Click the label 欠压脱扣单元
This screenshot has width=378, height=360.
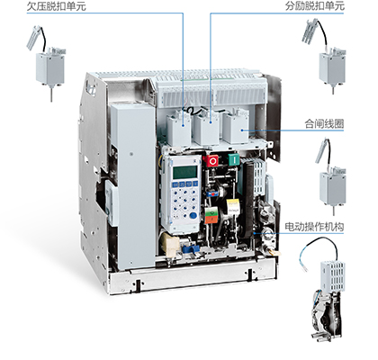pos(57,6)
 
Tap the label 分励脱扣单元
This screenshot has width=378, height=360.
pos(314,6)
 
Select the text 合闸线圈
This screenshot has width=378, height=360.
pos(324,123)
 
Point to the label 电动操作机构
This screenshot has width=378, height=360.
pos(314,227)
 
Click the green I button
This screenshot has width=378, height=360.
pos(234,159)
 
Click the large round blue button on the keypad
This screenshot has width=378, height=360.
pos(193,215)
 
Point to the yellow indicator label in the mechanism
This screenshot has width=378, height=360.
pos(233,207)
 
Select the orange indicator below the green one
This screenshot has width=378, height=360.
pos(211,220)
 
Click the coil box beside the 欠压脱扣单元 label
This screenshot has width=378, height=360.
pos(50,68)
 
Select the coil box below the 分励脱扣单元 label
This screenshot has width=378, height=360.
pos(332,68)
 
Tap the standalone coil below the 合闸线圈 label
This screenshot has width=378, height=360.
pos(332,188)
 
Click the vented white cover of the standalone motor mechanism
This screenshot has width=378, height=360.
pos(333,276)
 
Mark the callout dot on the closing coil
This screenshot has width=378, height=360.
pos(242,130)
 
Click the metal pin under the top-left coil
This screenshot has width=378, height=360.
pos(51,94)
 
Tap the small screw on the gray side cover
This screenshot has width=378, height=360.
pos(131,154)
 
